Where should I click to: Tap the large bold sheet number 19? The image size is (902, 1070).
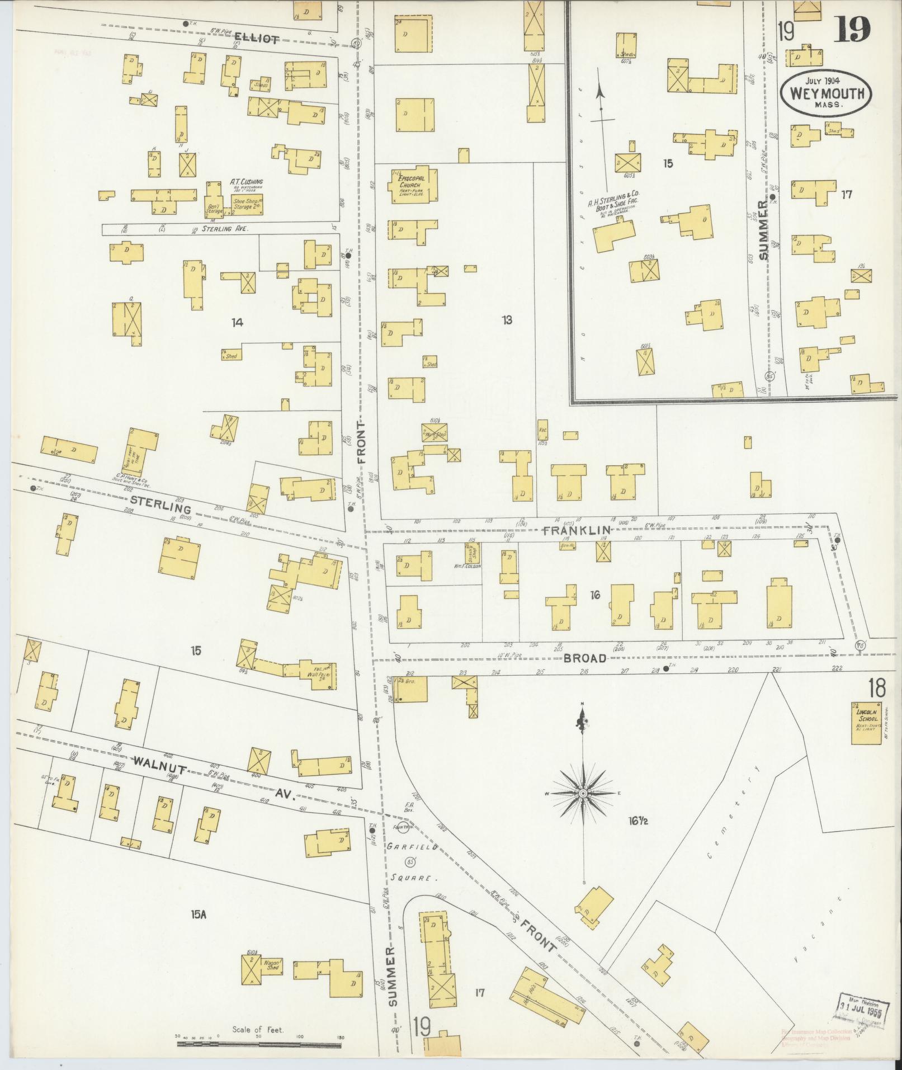point(852,29)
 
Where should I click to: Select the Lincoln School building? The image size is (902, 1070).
point(865,723)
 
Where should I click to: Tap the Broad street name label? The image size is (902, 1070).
point(585,658)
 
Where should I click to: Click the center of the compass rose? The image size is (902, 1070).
point(583,794)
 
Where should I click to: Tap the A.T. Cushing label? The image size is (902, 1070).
point(246,182)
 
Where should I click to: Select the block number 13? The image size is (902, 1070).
point(507,320)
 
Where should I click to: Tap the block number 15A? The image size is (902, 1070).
point(199,915)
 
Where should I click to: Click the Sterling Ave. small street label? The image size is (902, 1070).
point(216,229)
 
